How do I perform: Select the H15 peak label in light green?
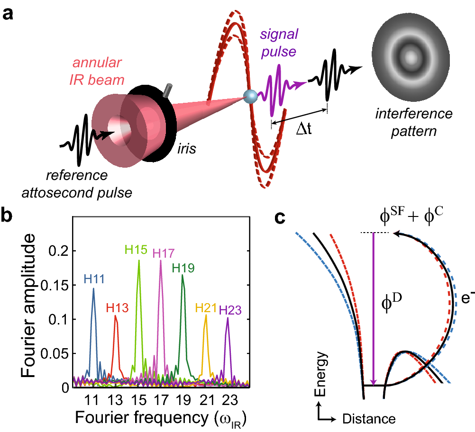pyautogui.click(x=136, y=249)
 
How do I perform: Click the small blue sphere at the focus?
pyautogui.click(x=250, y=96)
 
